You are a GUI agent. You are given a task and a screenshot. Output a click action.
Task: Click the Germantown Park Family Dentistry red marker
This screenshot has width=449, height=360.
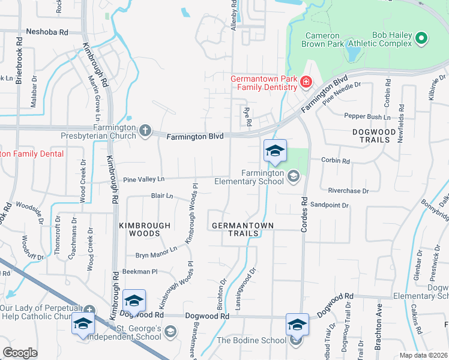click(x=306, y=82)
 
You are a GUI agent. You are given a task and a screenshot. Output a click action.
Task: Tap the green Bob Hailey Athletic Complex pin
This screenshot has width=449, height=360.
click(x=421, y=40)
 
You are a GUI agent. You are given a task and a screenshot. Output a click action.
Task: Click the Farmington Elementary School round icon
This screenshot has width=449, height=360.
click(x=293, y=176)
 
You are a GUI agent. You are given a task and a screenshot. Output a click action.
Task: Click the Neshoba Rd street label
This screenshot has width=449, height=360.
click(x=47, y=32)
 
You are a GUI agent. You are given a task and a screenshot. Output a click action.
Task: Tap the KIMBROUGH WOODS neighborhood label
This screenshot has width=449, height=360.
click(x=145, y=226)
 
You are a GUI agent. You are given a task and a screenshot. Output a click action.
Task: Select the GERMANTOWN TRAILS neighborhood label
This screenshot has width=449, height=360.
click(x=243, y=230)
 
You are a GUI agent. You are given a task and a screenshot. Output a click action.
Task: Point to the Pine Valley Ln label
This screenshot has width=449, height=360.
click(x=143, y=179)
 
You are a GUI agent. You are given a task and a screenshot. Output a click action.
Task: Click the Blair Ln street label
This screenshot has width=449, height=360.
click(x=161, y=196)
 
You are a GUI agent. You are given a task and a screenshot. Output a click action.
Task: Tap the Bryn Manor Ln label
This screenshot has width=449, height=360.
click(x=156, y=252)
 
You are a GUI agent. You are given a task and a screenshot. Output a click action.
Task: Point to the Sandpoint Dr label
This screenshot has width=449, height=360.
click(x=330, y=205)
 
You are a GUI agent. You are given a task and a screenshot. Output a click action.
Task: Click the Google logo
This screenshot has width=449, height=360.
click(x=20, y=353)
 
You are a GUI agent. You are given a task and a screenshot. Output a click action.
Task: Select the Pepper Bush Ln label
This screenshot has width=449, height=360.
click(x=367, y=116)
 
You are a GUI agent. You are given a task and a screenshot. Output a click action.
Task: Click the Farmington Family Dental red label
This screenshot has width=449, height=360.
click(x=31, y=154)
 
